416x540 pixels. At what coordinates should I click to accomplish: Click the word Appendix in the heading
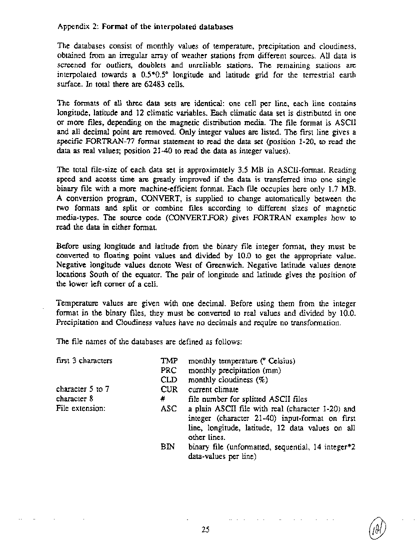tap(73, 26)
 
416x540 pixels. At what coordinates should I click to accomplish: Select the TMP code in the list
tap(168, 361)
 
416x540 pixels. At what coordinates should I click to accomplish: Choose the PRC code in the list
tap(168, 370)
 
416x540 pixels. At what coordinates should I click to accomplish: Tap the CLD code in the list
tap(168, 380)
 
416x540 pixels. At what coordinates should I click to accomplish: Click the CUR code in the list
tap(168, 389)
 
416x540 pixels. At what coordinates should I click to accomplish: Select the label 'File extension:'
tap(80, 408)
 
